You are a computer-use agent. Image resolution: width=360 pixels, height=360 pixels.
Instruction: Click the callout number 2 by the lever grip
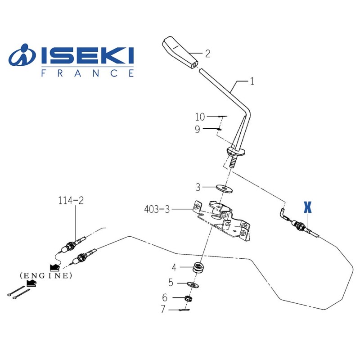pyautogui.click(x=207, y=54)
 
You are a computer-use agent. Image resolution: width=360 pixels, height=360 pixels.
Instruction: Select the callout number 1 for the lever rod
pyautogui.click(x=252, y=81)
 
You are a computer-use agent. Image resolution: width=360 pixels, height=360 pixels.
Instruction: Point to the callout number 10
pyautogui.click(x=200, y=117)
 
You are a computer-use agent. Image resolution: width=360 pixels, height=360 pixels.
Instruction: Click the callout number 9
pyautogui.click(x=197, y=130)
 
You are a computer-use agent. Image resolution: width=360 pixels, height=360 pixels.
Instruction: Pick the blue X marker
pyautogui.click(x=307, y=207)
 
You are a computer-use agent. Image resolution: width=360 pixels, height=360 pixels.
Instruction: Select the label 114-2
pyautogui.click(x=71, y=200)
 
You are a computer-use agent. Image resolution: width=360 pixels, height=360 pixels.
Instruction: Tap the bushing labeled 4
pyautogui.click(x=197, y=267)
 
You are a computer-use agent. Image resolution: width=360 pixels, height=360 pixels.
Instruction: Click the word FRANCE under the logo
pyautogui.click(x=87, y=73)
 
